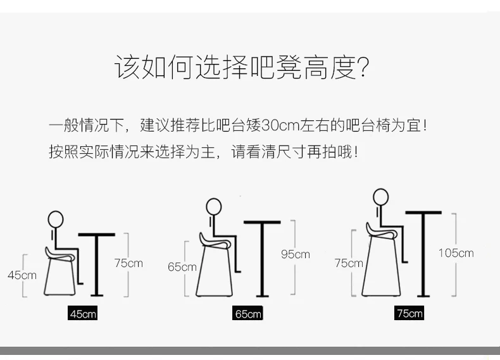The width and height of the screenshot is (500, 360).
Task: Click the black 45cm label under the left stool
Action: tap(83, 313)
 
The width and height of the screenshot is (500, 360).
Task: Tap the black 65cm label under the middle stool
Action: tap(247, 313)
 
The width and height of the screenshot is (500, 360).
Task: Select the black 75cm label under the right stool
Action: tap(409, 313)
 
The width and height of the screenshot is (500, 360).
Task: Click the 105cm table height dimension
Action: tap(456, 253)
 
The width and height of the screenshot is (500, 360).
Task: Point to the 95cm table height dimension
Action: tap(295, 254)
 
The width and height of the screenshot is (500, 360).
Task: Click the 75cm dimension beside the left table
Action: tap(128, 263)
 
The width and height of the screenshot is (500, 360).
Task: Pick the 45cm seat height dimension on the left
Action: tap(22, 275)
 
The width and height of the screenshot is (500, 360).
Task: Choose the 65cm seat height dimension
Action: tap(182, 267)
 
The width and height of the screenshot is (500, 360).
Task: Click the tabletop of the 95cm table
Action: tap(262, 221)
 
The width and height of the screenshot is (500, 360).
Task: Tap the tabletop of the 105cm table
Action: tap(423, 212)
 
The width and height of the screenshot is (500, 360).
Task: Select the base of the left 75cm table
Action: tap(97, 295)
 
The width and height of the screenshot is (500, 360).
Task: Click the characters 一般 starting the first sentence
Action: tap(63, 124)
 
